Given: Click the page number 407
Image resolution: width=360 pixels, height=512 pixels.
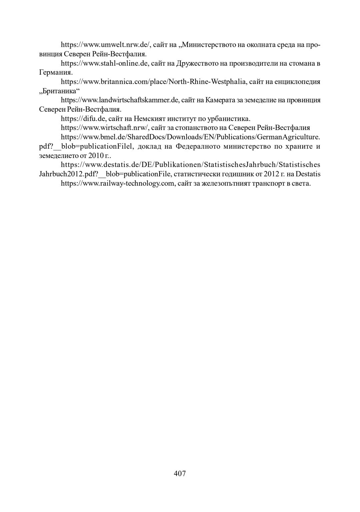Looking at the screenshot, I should click(180, 473).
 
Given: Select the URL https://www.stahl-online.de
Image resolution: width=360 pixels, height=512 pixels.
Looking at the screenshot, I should click(104, 63).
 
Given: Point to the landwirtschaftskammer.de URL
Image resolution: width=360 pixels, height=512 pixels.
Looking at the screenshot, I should click(120, 100).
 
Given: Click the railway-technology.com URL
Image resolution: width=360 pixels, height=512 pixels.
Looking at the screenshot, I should click(117, 183).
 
